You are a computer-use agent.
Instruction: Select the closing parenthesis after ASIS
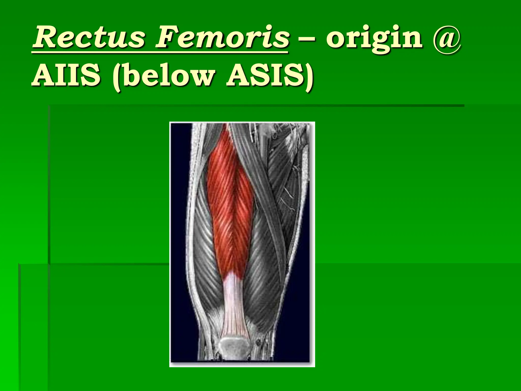308,76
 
